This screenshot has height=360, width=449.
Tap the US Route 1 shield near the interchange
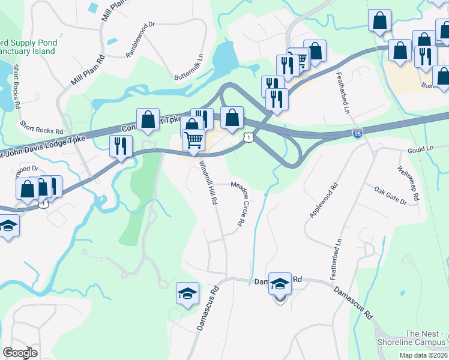[248, 138]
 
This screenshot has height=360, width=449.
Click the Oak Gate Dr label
[390, 196]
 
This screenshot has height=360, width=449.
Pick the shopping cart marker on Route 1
[194, 140]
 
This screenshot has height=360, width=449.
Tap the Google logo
[20, 352]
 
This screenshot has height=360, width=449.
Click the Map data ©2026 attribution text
[423, 355]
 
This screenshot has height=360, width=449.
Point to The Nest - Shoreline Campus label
[426, 338]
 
